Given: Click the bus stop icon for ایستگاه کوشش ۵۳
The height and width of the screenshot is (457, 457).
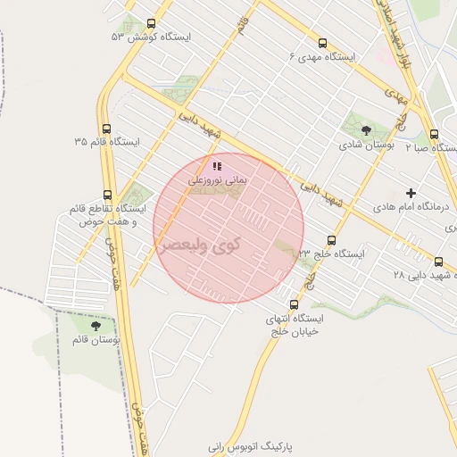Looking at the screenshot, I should click(x=150, y=24).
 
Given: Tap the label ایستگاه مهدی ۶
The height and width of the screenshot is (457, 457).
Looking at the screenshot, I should click(x=321, y=56).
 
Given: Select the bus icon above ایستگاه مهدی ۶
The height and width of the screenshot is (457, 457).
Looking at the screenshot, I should click(x=322, y=43).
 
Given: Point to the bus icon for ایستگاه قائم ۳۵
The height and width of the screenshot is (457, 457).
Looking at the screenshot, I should click(x=107, y=129).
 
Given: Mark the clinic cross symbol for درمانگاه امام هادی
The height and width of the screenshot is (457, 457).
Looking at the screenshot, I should click(x=411, y=193).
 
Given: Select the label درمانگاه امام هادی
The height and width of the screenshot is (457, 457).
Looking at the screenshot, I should click(x=411, y=206).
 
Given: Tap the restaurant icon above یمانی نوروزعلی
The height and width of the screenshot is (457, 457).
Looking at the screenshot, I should click(x=216, y=166).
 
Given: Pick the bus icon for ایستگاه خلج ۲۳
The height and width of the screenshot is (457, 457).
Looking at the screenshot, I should click(x=331, y=240).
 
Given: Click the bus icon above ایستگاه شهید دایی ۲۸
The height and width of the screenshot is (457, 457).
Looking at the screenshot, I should click(x=438, y=262).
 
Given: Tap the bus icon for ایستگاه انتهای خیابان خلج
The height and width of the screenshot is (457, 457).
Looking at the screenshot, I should click(x=294, y=304).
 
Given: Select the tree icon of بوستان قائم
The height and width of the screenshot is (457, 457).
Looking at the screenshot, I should click(x=96, y=327).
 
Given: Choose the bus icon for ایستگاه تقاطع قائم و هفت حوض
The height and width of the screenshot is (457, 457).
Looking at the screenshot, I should click(x=107, y=195).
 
